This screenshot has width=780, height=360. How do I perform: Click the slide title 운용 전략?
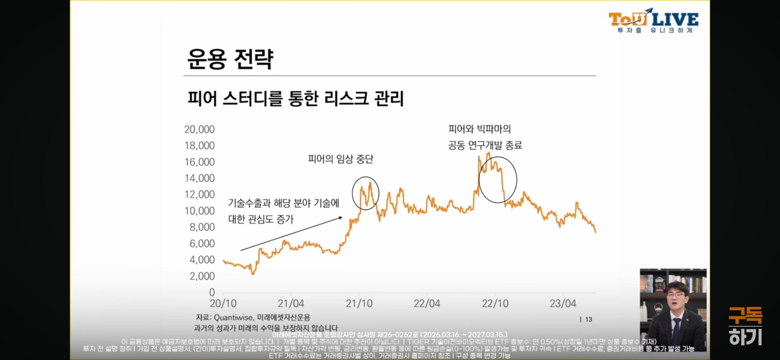[230, 59]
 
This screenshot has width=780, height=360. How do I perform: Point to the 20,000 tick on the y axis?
[199, 129]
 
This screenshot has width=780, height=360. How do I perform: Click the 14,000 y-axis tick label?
[199, 178]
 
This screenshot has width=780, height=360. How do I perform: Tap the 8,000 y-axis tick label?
[201, 227]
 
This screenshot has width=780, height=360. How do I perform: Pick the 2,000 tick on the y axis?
[201, 276]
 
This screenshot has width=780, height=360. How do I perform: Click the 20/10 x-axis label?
[223, 303]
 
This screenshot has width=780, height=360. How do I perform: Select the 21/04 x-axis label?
[290, 303]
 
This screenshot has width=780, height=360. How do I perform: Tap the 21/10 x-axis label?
[359, 303]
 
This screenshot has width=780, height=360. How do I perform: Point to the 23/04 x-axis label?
[563, 303]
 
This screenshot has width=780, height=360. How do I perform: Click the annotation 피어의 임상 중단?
[341, 159]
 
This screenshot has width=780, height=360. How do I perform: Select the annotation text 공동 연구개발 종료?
[485, 145]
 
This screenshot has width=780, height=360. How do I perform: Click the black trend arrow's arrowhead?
[341, 218]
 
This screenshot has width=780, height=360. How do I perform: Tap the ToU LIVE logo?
[653, 21]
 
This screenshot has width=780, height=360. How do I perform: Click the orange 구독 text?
[745, 316]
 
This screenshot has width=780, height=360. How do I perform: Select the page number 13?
[588, 319]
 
